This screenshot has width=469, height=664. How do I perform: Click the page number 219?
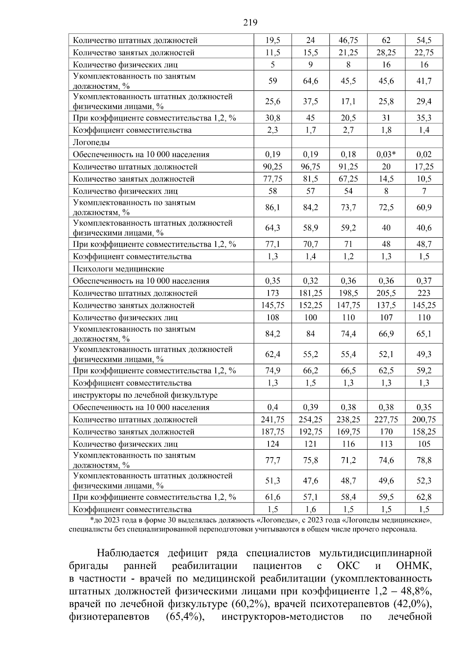click(250, 22)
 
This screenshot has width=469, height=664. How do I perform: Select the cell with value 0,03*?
click(386, 154)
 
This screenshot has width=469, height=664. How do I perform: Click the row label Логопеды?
click(91, 142)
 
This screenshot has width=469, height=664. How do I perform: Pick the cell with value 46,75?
click(348, 40)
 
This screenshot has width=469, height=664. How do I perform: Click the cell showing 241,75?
click(272, 420)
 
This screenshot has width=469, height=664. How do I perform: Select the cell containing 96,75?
click(310, 167)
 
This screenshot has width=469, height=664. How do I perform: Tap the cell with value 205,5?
click(386, 293)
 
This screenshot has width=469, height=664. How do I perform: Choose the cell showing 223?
click(424, 293)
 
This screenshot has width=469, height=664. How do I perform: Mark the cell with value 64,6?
click(310, 81)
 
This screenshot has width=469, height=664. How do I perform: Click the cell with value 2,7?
click(348, 130)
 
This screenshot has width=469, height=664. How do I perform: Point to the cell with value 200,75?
click(424, 420)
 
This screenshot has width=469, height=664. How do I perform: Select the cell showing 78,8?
click(424, 460)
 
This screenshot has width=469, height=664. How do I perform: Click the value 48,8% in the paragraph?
click(415, 590)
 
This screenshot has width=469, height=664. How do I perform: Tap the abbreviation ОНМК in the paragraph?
click(414, 566)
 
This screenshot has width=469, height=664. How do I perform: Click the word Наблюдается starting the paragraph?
click(128, 553)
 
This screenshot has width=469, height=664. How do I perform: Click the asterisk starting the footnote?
click(91, 520)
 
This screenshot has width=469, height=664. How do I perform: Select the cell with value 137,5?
click(386, 305)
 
